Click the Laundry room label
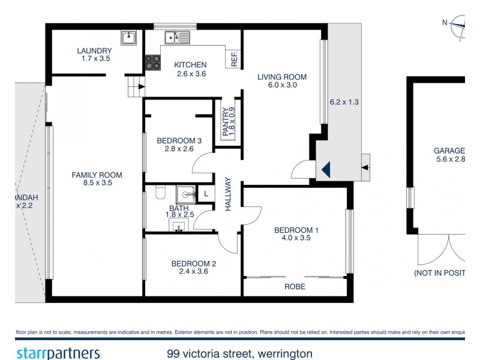pos(93,50)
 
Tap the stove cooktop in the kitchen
pos(152,62)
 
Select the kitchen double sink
pos(178,37)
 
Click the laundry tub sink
pos(128,38)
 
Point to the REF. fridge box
pos(234,59)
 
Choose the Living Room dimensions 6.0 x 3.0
pos(281,85)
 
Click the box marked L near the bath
pos(206,193)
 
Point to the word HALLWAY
pos(229,194)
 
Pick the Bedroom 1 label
pos(296,230)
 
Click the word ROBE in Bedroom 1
pos(295,287)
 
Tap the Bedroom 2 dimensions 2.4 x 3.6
pos(193,271)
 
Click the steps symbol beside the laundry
pos(136,87)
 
